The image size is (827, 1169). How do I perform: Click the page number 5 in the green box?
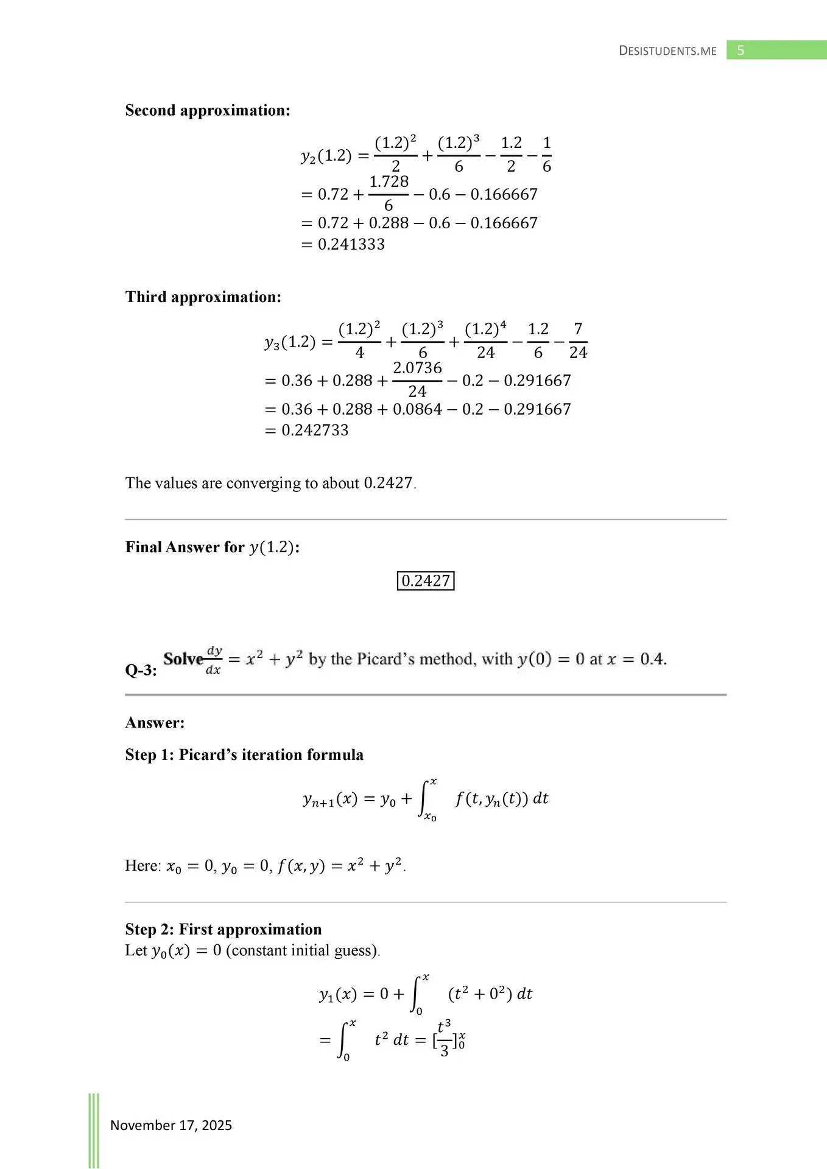point(741,51)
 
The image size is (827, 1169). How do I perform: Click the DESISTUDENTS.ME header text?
point(667,51)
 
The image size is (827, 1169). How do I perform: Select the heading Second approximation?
point(208,110)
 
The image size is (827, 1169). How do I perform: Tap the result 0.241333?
point(351,244)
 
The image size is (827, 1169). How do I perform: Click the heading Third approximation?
point(203,297)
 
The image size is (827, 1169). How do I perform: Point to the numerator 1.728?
point(389,181)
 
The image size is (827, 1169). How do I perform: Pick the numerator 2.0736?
point(417,368)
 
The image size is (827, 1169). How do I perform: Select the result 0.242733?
point(315,430)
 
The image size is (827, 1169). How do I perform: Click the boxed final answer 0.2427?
point(426,581)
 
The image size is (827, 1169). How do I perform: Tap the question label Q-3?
point(141,670)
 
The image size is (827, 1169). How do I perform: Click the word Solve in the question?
point(183,659)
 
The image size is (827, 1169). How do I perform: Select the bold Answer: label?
point(155,723)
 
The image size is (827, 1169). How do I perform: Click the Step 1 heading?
point(244,754)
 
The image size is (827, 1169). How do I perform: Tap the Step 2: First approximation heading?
point(223,929)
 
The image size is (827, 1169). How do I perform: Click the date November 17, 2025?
point(171,1125)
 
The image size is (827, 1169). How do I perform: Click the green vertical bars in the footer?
point(94,1129)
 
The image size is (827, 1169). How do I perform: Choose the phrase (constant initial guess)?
point(303,950)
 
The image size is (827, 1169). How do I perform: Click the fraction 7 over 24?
point(578,341)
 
